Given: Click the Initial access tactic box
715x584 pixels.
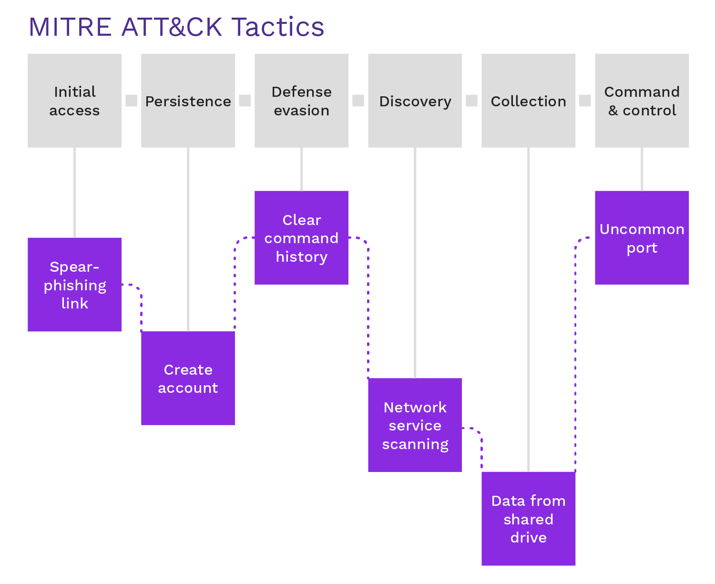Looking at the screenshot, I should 74,101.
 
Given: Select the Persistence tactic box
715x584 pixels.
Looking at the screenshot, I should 188,101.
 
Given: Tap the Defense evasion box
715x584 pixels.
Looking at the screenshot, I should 301,101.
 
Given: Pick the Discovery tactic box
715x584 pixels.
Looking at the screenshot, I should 415,101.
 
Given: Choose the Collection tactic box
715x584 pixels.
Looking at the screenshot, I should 528,101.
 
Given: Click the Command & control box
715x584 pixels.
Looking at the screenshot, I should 642,101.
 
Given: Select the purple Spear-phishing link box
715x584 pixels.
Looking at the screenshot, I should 74,285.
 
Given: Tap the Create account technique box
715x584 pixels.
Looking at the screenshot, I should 188,378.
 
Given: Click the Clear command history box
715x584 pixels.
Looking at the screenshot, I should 301,238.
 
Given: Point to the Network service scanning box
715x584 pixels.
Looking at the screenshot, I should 415,425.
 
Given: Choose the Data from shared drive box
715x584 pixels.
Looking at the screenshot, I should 528,519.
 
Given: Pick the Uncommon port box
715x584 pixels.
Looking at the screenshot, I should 642,238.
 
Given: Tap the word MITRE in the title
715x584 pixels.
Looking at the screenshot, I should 70,27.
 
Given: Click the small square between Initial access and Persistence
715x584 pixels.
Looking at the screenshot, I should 131,101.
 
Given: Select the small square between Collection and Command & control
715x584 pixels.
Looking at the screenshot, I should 585,101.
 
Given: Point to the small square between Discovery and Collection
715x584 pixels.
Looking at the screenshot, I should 471,101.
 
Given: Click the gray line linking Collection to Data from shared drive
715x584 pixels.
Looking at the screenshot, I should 528,310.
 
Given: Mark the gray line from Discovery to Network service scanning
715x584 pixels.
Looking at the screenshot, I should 415,262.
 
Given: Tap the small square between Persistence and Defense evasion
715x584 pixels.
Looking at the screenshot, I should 245,101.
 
